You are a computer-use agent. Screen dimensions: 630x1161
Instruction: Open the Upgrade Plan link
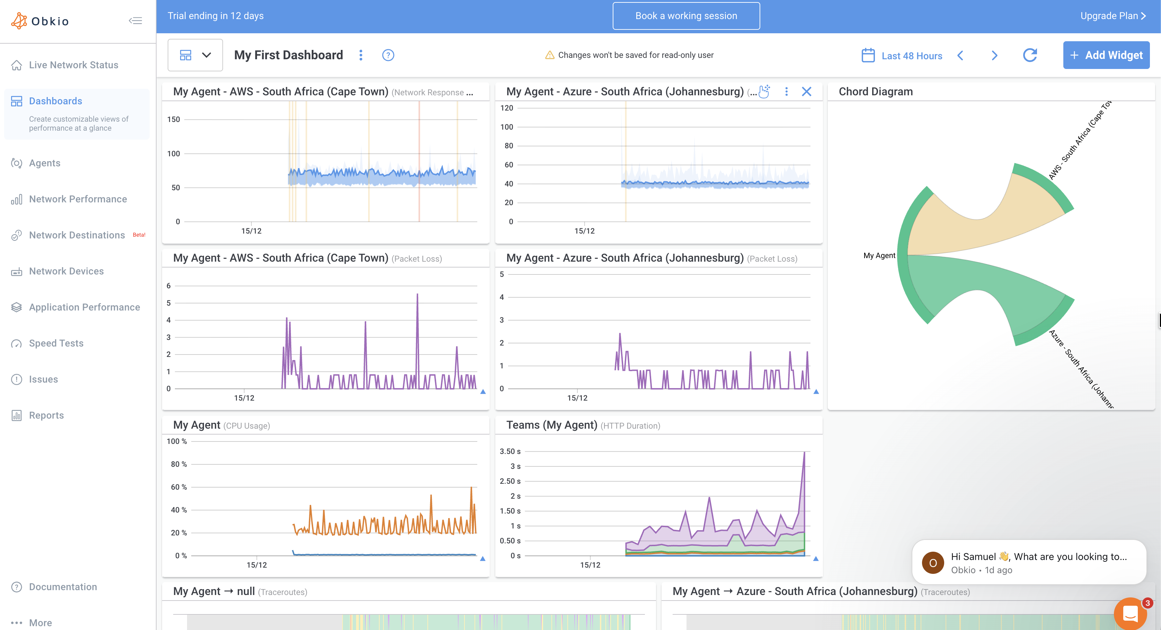[1112, 16]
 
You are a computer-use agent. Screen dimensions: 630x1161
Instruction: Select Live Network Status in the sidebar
[73, 65]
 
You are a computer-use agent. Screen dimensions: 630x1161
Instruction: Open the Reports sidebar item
[46, 415]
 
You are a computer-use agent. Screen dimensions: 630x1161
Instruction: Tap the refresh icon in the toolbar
[1030, 55]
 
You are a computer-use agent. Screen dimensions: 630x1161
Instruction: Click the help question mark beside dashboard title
[388, 55]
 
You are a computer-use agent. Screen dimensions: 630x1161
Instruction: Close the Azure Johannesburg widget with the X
[806, 92]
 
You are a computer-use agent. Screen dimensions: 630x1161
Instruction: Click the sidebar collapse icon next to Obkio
[135, 21]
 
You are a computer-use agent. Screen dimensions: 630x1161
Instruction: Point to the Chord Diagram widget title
[875, 91]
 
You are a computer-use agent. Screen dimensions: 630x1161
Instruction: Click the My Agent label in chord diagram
[879, 256]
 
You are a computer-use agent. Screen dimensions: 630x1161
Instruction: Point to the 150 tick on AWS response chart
[174, 120]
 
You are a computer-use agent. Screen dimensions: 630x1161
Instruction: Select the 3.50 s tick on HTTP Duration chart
[510, 452]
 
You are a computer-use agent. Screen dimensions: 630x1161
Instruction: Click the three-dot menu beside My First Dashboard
[361, 55]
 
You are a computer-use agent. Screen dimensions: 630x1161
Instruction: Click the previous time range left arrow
[960, 55]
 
